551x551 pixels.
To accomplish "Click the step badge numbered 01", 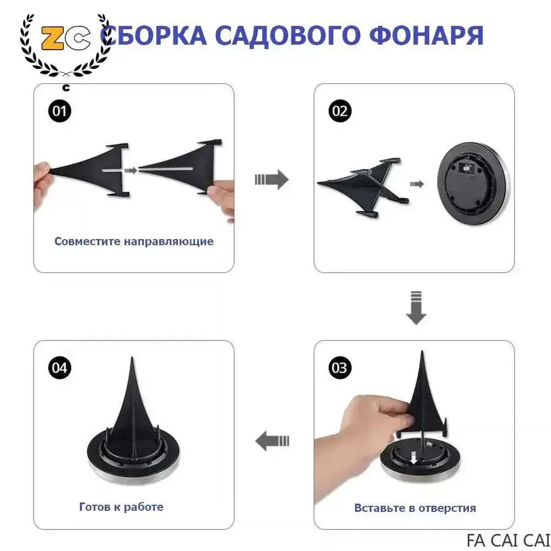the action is coord(60,111).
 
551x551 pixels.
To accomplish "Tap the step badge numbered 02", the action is coord(339,111).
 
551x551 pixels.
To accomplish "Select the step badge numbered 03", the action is coord(339,368).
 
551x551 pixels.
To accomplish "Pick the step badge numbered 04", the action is coord(60,368).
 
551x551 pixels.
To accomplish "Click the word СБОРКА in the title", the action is coord(153,35).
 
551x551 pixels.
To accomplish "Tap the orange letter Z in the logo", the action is coord(53,37).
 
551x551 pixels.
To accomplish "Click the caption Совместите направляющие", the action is coord(134,241).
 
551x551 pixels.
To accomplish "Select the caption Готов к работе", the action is coord(121,507).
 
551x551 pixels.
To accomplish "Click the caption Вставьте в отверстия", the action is coord(415,508).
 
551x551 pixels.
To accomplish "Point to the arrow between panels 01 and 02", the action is coord(272,180).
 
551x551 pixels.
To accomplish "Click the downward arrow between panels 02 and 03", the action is coord(416,308).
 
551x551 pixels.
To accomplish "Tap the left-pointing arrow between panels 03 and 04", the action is coord(272,441).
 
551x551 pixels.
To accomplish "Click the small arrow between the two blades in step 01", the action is coord(131,170).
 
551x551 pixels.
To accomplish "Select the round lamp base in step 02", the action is coord(473,183).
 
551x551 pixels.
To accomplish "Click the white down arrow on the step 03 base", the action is coord(414,457).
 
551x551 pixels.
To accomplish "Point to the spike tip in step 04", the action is coord(132,358).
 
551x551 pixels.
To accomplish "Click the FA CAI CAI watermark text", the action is coord(508,540).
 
